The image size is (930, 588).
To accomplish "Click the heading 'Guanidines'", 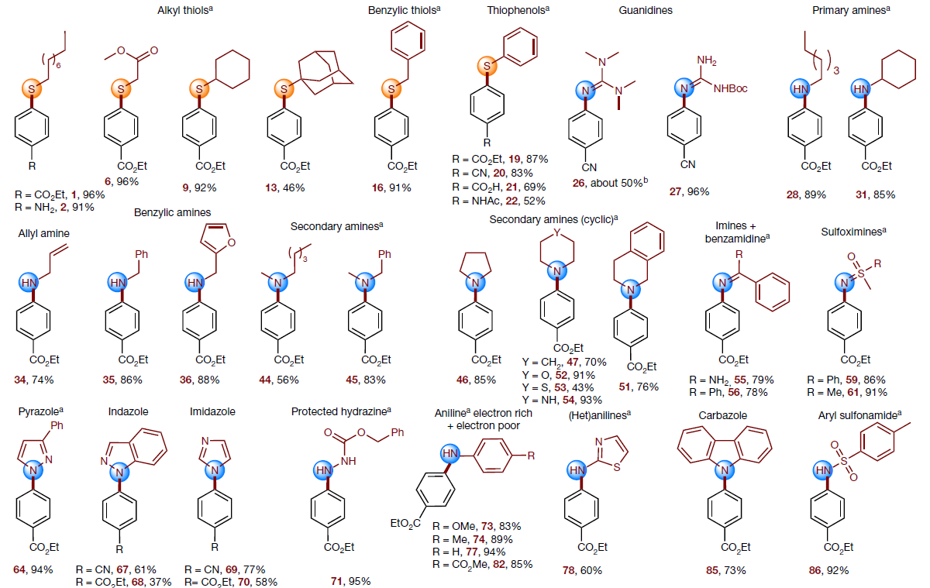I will [645, 10].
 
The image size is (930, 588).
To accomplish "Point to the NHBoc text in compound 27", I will [726, 88].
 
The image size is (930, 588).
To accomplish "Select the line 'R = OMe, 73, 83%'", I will [481, 527].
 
